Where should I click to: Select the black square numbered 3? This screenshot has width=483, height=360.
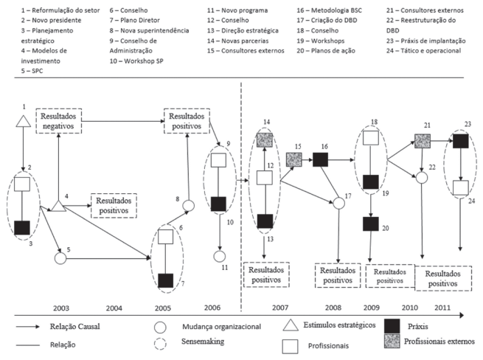point(22,226)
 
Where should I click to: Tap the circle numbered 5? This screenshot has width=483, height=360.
point(61,258)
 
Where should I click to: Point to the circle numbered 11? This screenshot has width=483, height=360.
point(218,257)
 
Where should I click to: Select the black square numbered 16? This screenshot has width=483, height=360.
point(320,159)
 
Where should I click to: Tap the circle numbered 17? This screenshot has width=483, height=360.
point(338,203)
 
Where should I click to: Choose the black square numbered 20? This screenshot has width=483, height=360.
point(372,224)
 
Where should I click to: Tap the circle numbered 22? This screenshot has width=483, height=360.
point(422,177)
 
